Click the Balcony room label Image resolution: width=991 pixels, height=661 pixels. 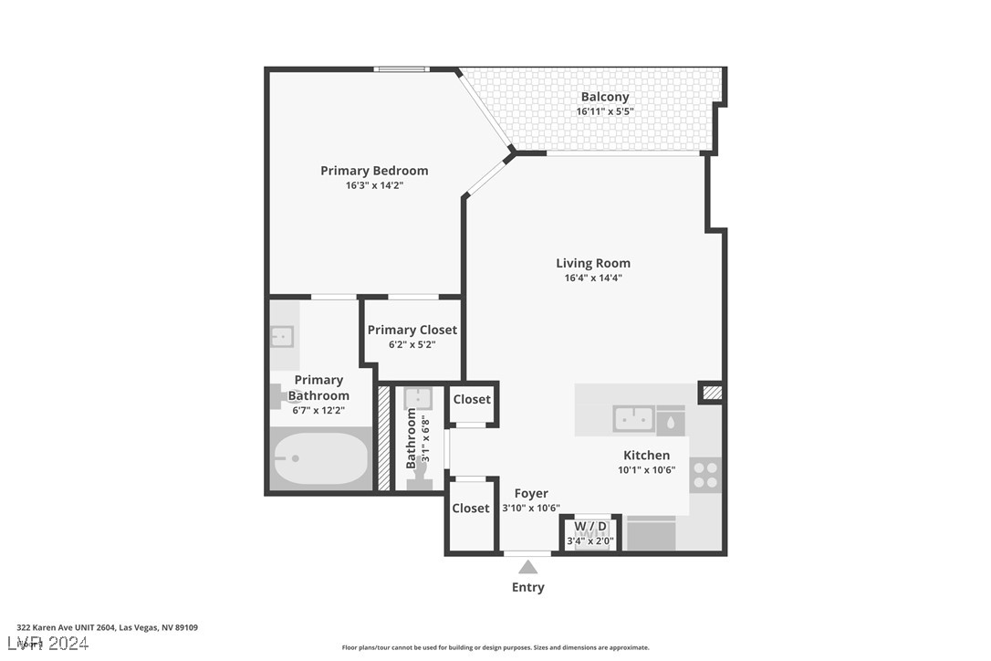point(604,97)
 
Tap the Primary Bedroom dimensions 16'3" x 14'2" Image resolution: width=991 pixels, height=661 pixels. point(374,185)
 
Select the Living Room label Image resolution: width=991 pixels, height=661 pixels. point(593,263)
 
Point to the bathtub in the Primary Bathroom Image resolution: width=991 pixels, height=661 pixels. point(320,458)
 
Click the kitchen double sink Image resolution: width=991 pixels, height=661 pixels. point(632,419)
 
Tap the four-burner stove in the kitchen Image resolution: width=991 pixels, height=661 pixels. point(705,475)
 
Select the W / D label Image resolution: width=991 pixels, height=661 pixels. point(590,527)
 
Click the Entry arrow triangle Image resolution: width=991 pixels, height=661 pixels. point(527,567)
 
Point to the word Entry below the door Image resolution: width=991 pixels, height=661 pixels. point(527,587)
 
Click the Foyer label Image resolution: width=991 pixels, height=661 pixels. point(531,494)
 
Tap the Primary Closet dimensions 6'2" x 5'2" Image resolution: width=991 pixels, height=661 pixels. point(412,345)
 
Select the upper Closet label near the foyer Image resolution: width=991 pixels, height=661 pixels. point(472,399)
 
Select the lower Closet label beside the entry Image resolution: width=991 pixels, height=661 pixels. point(471,508)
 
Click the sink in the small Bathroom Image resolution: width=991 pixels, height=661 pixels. point(418,398)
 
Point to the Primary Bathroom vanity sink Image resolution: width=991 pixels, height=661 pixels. point(282,336)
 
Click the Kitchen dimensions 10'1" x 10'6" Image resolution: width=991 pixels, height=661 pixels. point(646,470)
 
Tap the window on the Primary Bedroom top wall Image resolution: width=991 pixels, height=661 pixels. point(402,68)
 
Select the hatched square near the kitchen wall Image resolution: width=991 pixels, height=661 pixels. point(711,393)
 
